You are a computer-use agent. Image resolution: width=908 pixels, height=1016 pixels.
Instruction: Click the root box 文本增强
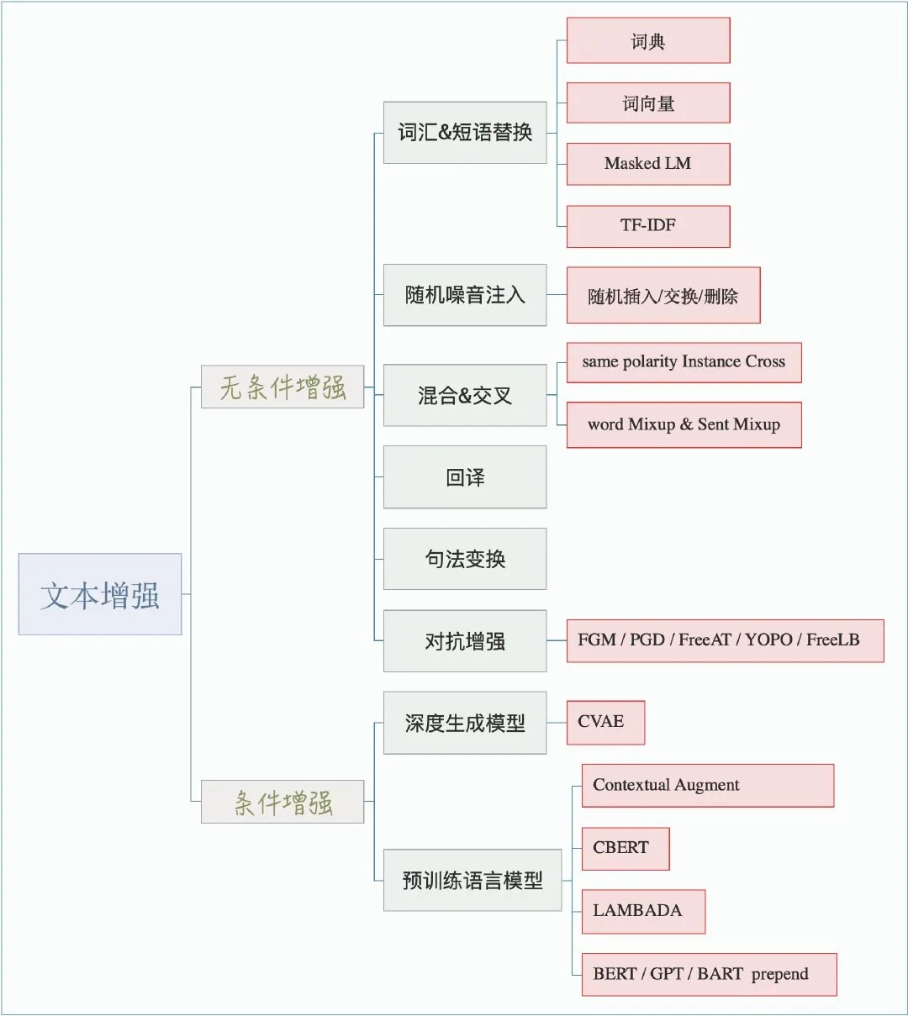pyautogui.click(x=100, y=594)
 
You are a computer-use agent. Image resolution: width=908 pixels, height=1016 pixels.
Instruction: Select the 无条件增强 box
pyautogui.click(x=282, y=387)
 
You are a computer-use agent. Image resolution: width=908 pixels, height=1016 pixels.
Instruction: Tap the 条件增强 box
pyautogui.click(x=282, y=802)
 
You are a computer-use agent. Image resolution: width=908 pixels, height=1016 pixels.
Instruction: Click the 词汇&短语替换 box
pyautogui.click(x=465, y=133)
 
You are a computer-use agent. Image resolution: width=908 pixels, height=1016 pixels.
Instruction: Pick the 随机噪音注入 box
pyautogui.click(x=465, y=295)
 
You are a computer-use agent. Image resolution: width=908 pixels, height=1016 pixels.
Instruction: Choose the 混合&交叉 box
pyautogui.click(x=465, y=395)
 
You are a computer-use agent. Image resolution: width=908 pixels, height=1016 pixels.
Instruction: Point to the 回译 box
pyautogui.click(x=465, y=477)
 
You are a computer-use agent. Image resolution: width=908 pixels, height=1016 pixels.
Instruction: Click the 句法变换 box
pyautogui.click(x=465, y=559)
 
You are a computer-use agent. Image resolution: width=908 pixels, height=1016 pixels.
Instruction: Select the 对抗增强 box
pyautogui.click(x=465, y=641)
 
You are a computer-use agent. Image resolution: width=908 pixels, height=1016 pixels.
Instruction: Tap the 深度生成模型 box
pyautogui.click(x=465, y=723)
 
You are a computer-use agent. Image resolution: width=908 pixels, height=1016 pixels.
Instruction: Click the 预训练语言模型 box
pyautogui.click(x=472, y=880)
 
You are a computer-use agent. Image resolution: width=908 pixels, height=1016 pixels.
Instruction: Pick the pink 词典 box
pyautogui.click(x=648, y=40)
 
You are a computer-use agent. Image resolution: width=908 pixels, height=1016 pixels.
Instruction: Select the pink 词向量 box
pyautogui.click(x=648, y=103)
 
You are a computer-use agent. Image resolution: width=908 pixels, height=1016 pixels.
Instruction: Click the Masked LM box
pyautogui.click(x=648, y=164)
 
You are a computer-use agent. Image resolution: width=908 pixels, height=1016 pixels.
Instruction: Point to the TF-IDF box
pyautogui.click(x=648, y=226)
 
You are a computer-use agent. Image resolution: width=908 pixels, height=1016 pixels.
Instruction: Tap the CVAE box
pyautogui.click(x=606, y=723)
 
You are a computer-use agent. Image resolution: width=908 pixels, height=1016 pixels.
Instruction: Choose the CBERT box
pyautogui.click(x=626, y=849)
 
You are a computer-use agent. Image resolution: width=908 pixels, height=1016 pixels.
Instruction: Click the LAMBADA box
pyautogui.click(x=644, y=912)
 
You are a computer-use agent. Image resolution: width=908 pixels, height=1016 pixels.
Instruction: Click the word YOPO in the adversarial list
pyautogui.click(x=768, y=640)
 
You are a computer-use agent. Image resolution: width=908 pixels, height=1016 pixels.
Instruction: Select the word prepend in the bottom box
pyautogui.click(x=780, y=974)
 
